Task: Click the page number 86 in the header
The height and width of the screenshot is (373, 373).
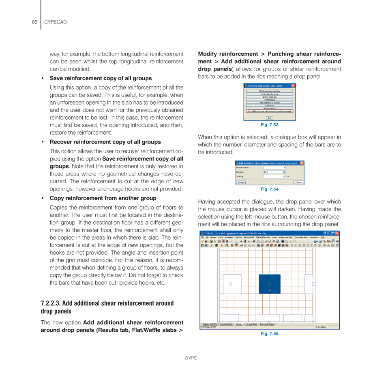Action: (34, 22)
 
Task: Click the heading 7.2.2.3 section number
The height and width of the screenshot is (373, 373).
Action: (51, 303)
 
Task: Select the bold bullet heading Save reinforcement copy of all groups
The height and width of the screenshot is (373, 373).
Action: (101, 78)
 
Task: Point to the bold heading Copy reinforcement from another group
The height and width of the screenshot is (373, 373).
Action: (103, 198)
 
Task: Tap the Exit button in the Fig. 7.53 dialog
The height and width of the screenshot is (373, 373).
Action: (270, 118)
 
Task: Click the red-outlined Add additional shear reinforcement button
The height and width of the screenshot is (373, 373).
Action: (270, 111)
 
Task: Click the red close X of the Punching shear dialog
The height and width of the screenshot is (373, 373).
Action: (293, 86)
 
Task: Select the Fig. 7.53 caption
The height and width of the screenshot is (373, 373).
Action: (270, 125)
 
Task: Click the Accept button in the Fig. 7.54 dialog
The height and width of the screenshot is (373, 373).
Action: (241, 182)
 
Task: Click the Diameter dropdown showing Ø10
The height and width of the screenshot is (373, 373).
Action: (274, 172)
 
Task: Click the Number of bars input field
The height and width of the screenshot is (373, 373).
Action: (274, 167)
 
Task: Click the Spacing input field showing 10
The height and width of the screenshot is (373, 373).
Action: (274, 177)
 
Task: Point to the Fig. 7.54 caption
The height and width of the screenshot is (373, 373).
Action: (270, 189)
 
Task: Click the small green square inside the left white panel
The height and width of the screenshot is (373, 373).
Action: (230, 284)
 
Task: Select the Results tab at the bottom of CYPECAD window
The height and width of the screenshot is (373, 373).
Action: (239, 324)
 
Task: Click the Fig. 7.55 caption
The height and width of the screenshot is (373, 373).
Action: (270, 334)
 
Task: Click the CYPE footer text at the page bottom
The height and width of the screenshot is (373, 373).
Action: (191, 358)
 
